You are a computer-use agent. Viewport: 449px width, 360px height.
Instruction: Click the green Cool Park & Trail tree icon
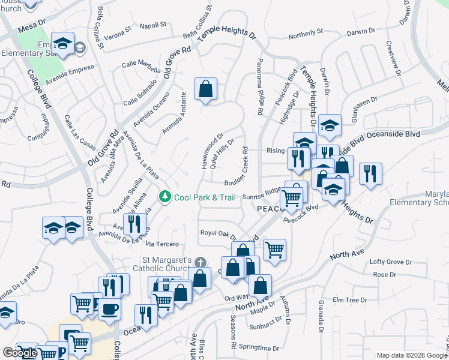[164, 196]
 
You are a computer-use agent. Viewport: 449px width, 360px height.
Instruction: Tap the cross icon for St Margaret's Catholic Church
[200, 262]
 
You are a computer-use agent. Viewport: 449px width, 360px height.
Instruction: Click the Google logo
[20, 353]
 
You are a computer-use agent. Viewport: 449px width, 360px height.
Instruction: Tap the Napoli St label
[153, 25]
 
